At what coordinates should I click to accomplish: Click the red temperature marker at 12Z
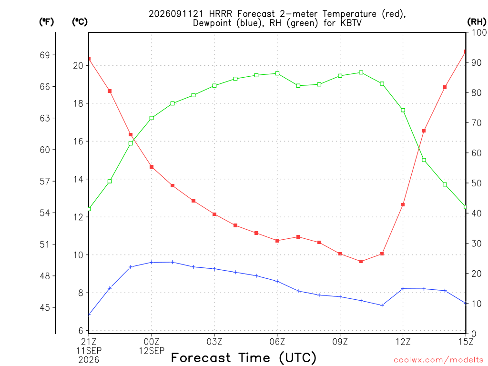[x=403, y=205]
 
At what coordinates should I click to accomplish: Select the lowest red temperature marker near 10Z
[x=361, y=262]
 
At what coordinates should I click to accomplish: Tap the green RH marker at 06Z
[x=277, y=73]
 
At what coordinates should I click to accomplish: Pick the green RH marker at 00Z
[x=152, y=118]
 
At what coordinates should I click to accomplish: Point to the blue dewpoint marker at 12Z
[x=403, y=289]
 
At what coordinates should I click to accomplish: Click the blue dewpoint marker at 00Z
[x=152, y=263]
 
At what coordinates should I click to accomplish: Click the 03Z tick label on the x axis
[x=214, y=342]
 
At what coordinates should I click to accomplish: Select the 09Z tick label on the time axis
[x=340, y=342]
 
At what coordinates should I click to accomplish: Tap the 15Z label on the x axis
[x=466, y=342]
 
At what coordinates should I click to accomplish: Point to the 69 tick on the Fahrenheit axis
[x=45, y=55]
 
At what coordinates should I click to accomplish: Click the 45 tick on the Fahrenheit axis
[x=45, y=307]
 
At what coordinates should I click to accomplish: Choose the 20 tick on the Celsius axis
[x=78, y=66]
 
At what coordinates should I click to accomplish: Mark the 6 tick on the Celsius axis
[x=81, y=331]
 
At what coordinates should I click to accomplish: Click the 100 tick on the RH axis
[x=479, y=32]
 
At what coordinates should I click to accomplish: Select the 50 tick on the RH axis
[x=477, y=183]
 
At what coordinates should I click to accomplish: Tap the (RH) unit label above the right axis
[x=477, y=21]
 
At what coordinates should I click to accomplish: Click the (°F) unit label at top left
[x=46, y=22]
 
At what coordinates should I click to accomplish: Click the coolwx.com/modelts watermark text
[x=438, y=360]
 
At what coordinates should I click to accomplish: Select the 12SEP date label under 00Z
[x=152, y=351]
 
